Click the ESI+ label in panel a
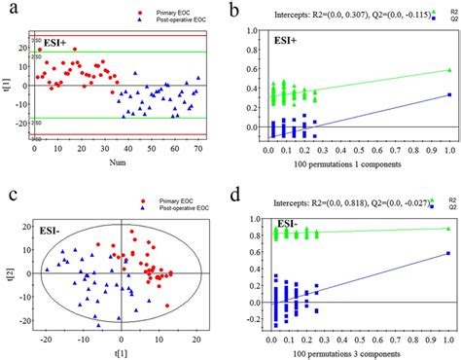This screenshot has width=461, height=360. coord(48,44)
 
